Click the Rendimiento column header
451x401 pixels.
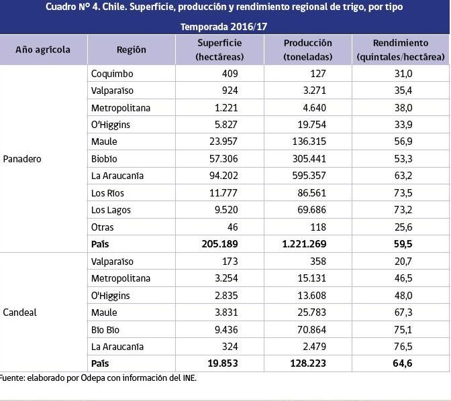401,50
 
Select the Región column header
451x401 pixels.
131,50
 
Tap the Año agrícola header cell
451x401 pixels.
43,50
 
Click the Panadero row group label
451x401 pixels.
23,159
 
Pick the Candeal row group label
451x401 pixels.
20,312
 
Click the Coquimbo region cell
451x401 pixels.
112,73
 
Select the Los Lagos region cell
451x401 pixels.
111,210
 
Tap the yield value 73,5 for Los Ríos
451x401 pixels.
403,193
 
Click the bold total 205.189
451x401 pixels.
219,244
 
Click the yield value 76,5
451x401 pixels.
403,347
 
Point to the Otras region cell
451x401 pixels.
103,227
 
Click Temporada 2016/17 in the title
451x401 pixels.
225,27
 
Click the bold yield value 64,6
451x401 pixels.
403,363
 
